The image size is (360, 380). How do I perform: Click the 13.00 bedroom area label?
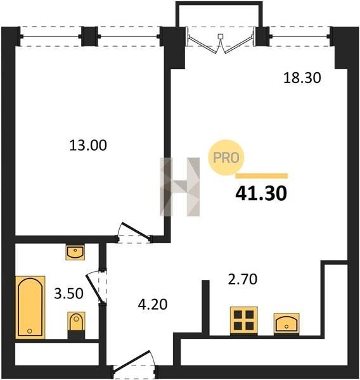[x=88, y=146]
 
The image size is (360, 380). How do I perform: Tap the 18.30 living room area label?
[x=302, y=78]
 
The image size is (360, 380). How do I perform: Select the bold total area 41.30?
[x=261, y=194]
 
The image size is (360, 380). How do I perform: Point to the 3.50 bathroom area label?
[x=68, y=293]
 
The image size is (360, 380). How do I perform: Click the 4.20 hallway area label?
[x=153, y=305]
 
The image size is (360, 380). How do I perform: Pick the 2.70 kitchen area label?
[x=243, y=279]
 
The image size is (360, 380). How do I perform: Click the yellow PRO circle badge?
[x=226, y=158]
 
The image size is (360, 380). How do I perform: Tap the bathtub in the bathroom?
[x=30, y=307]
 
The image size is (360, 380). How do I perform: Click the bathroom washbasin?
[x=75, y=252]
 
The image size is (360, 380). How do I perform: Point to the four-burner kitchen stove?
[x=244, y=320]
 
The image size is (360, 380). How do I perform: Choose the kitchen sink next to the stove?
[x=286, y=324]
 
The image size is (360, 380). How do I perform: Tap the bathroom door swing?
[x=96, y=287]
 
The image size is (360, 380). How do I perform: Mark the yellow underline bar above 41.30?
[x=262, y=176]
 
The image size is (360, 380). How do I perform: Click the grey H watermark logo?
[x=180, y=187]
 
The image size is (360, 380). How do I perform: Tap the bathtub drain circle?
[x=30, y=331]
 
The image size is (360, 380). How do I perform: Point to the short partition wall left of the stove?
[x=205, y=308]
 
